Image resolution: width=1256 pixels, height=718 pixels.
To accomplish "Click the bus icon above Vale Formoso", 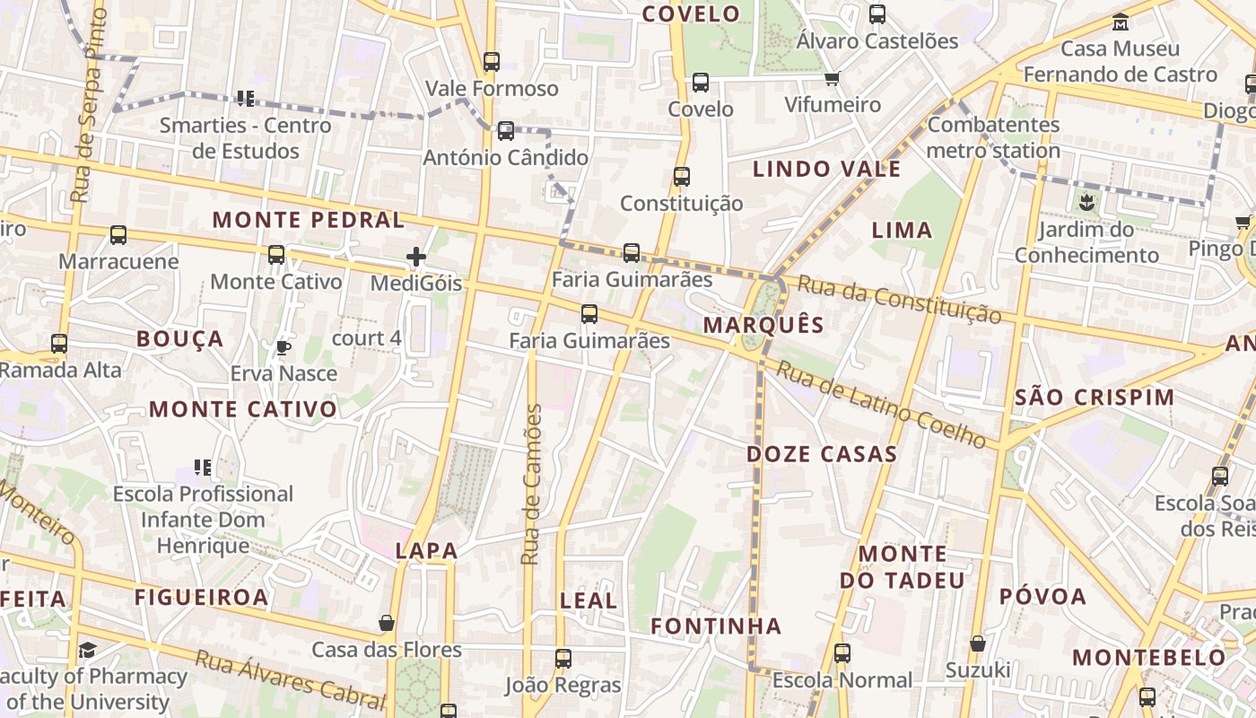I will [x=491, y=62].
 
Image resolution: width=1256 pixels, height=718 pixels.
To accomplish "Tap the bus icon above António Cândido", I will [x=506, y=131].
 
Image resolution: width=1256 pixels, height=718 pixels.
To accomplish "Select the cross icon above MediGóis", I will [x=416, y=258].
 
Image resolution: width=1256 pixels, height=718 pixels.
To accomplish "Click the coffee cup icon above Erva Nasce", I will [x=283, y=347].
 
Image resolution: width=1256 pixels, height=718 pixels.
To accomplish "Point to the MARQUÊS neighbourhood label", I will [x=763, y=325].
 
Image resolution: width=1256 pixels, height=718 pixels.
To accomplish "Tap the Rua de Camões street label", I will [x=532, y=484].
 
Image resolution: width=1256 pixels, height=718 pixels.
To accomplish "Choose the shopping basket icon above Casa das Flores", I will [x=387, y=623].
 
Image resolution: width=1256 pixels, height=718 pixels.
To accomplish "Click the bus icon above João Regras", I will [x=563, y=659].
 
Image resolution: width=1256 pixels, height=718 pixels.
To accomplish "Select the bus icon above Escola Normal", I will [x=842, y=653].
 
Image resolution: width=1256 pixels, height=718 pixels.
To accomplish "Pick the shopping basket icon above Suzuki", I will [x=978, y=644].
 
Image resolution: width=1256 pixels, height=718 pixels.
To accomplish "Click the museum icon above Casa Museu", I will [x=1120, y=22].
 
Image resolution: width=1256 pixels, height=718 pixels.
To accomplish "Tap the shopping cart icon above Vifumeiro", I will [x=832, y=78].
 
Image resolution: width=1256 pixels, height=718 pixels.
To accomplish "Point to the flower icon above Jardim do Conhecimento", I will [x=1086, y=202].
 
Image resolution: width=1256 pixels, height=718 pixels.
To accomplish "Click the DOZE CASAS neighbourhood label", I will [x=822, y=454].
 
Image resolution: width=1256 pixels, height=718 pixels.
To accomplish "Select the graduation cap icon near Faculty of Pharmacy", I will [x=87, y=650].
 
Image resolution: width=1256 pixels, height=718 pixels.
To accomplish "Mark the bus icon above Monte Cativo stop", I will [x=276, y=255].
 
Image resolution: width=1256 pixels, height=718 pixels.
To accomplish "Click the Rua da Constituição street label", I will [x=899, y=300].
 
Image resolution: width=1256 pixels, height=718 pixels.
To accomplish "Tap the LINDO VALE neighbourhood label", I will [x=826, y=170].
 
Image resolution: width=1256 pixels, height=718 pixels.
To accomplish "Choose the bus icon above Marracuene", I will [x=118, y=235].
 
